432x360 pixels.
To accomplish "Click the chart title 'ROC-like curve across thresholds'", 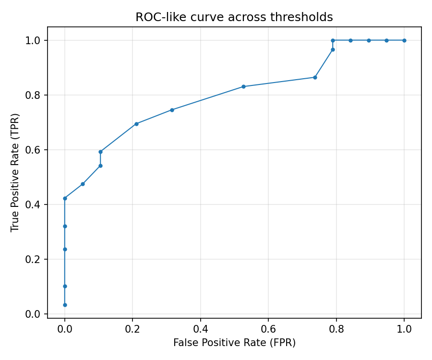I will click(234, 17).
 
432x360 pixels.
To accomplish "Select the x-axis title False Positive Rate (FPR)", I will click(234, 343).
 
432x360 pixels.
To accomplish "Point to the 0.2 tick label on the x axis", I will click(132, 329).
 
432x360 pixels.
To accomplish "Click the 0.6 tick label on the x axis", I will click(268, 329).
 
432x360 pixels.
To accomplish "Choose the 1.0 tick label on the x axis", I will click(404, 329).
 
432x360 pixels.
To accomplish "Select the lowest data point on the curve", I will click(65, 305).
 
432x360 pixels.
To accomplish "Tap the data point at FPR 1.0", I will click(404, 40).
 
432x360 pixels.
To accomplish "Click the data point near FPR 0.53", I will click(243, 86).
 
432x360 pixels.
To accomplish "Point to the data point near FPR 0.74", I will click(315, 77).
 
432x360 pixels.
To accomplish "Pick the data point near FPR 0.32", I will click(172, 110).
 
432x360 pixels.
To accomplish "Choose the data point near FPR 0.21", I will click(136, 124).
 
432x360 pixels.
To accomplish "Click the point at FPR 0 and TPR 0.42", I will click(65, 198).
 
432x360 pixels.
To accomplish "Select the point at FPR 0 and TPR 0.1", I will click(65, 286).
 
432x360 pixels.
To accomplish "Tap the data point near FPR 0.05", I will click(83, 184).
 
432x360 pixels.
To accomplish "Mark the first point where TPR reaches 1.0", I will click(333, 40).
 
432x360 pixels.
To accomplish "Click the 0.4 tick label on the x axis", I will click(201, 329).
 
